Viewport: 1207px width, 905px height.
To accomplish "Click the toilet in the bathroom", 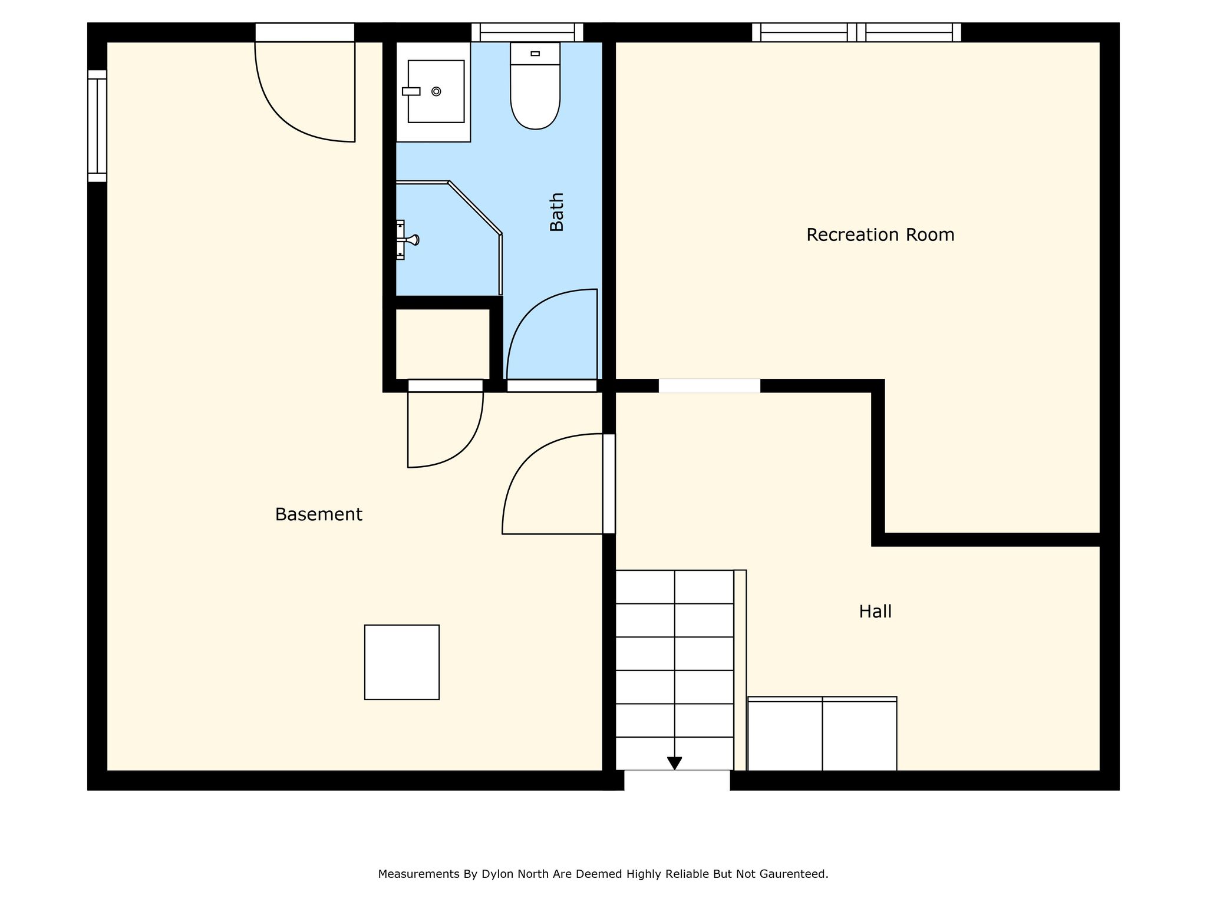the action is (535, 85).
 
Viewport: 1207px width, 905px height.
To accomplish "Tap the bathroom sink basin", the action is (436, 91).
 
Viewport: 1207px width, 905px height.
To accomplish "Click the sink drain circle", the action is (436, 91).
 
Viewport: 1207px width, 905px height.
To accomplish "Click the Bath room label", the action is (557, 212).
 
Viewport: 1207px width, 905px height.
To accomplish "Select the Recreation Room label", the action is (880, 235).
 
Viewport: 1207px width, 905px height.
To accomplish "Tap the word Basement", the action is (318, 514).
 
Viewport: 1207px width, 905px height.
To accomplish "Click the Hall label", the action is (875, 612).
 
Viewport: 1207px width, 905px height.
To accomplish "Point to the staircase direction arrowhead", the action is (674, 763).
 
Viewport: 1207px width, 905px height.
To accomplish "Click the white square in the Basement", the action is (402, 662).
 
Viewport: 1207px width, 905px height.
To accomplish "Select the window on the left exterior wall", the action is (97, 125).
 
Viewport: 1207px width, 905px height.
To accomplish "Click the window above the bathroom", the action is (527, 32).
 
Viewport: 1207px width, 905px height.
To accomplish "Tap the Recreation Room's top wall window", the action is (856, 32).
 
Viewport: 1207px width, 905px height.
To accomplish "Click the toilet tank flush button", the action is (535, 54).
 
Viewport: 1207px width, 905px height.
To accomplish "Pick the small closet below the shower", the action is (442, 344).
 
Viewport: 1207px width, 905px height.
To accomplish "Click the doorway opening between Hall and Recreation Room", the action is (709, 386).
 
